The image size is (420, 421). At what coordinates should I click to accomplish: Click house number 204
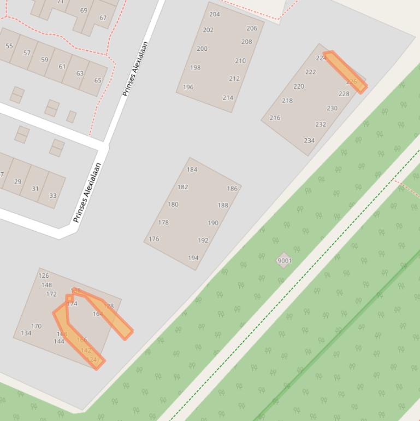(x=215, y=14)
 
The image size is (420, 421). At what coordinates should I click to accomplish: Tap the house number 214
(x=228, y=98)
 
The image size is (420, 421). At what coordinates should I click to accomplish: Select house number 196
(x=188, y=87)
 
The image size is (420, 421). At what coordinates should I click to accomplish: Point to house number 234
(x=309, y=141)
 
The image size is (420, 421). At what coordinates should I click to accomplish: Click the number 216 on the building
(x=275, y=118)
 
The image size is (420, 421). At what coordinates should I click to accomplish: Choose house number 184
(x=192, y=169)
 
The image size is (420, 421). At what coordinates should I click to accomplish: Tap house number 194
(x=193, y=258)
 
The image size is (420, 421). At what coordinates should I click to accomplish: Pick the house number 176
(x=153, y=239)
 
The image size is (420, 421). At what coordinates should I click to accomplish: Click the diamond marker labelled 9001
(x=284, y=261)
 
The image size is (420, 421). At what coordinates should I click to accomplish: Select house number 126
(x=44, y=276)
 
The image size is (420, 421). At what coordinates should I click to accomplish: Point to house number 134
(x=26, y=333)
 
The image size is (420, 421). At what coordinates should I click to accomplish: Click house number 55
(x=9, y=46)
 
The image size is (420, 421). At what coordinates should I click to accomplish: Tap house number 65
(x=98, y=80)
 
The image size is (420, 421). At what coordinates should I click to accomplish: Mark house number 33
(x=52, y=196)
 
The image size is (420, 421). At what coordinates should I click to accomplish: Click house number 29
(x=17, y=182)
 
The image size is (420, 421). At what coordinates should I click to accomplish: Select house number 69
(x=84, y=10)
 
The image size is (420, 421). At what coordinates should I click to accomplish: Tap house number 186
(x=232, y=189)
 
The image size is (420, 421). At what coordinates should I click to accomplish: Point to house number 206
(x=252, y=28)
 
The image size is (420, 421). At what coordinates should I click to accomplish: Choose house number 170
(x=36, y=326)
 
